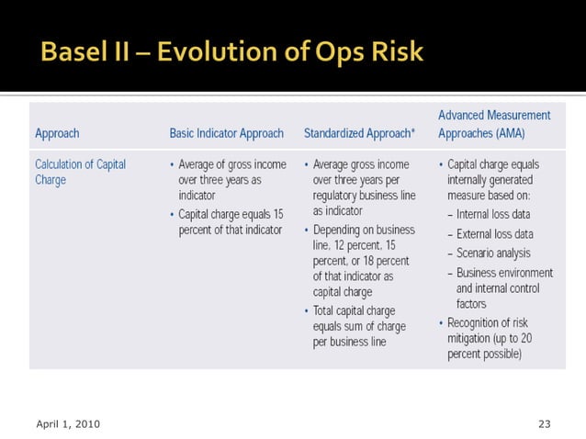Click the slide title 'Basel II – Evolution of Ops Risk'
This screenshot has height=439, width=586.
231,52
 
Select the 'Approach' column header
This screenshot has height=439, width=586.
57,133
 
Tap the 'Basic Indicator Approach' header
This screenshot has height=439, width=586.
226,133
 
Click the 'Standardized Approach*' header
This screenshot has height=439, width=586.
359,133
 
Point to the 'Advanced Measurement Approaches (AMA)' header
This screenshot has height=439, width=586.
494,124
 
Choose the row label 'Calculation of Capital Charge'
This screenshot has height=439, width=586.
80,172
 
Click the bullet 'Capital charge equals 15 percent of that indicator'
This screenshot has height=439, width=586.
230,221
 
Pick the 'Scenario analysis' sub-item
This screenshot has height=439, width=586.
493,253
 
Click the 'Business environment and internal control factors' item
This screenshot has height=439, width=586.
504,288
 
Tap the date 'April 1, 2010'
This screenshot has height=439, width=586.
68,423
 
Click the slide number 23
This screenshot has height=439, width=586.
544,423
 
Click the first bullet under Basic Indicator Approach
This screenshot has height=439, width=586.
230,180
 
